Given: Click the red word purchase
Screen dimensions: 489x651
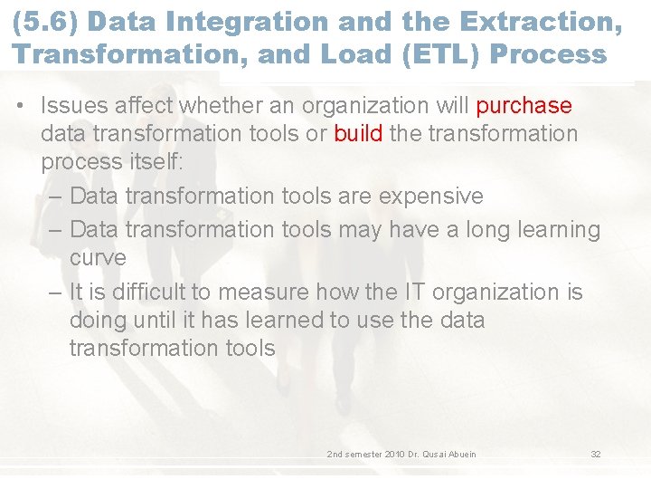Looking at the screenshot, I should [524, 106].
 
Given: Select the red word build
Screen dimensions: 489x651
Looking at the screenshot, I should [358, 134].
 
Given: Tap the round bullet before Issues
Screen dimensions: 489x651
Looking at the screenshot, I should [20, 107].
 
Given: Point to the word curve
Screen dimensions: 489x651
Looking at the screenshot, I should [98, 258].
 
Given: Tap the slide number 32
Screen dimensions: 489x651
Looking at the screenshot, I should [595, 454].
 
